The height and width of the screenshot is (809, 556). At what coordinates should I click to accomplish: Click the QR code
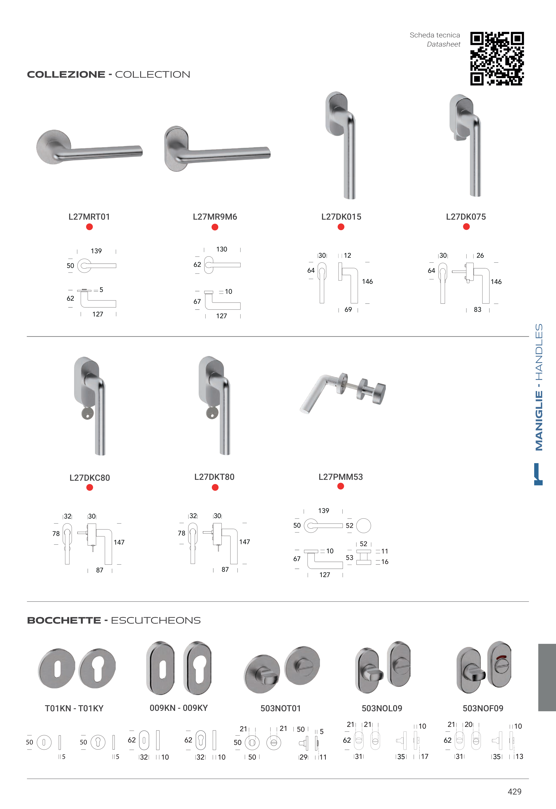tap(497, 59)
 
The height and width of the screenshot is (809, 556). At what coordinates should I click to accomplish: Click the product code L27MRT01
tap(89, 217)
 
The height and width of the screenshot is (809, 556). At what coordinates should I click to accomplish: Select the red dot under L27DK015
tap(341, 227)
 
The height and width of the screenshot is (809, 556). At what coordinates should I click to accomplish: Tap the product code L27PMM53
tap(341, 477)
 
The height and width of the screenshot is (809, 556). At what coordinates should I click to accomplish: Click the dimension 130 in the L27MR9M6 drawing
tap(222, 249)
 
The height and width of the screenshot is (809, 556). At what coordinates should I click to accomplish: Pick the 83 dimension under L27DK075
tap(478, 309)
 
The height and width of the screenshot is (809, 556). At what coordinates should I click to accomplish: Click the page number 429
tap(515, 792)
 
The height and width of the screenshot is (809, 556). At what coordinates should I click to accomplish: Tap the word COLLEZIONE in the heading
tap(66, 75)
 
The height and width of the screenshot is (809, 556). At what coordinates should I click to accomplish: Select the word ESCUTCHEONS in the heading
tap(156, 620)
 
